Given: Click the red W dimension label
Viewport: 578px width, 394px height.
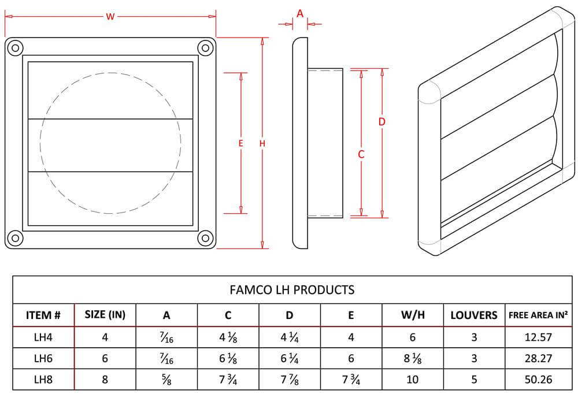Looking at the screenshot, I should [x=109, y=17].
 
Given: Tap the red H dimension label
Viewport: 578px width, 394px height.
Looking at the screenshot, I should [x=262, y=143].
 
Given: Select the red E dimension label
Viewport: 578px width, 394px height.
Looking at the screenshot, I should [x=240, y=143].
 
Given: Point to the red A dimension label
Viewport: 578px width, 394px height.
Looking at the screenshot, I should [x=299, y=13].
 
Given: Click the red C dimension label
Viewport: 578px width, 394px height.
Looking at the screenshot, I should [x=361, y=154].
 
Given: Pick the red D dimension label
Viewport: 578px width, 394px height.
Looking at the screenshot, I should [x=381, y=122].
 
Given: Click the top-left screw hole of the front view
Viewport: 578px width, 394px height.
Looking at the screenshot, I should [x=16, y=47].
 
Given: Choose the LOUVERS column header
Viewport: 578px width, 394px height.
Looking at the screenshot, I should [x=474, y=315].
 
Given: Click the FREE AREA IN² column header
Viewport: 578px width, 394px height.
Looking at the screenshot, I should [x=537, y=315].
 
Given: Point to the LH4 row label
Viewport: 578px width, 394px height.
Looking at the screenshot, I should [x=43, y=337].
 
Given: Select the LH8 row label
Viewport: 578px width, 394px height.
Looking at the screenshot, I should [x=43, y=380].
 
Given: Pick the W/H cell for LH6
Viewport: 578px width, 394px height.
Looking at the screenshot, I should [x=413, y=359].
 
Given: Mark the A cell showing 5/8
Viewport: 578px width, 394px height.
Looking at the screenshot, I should [x=166, y=380].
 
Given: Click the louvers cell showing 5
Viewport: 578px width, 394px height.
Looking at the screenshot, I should [x=474, y=380].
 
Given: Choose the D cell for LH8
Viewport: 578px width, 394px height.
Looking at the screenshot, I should [x=290, y=380].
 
